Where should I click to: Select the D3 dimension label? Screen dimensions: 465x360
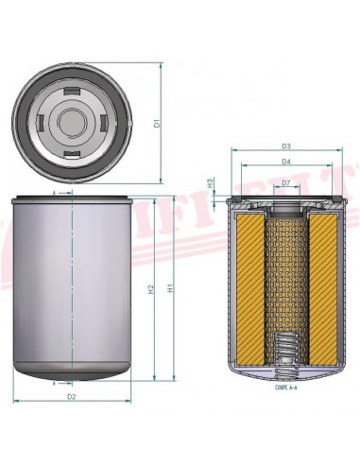284,146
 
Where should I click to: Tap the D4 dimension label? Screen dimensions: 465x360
284,162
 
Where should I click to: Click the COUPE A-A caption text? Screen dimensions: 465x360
285,387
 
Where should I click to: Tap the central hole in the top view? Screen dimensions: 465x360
73,122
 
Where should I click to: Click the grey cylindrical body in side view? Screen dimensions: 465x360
73,284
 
